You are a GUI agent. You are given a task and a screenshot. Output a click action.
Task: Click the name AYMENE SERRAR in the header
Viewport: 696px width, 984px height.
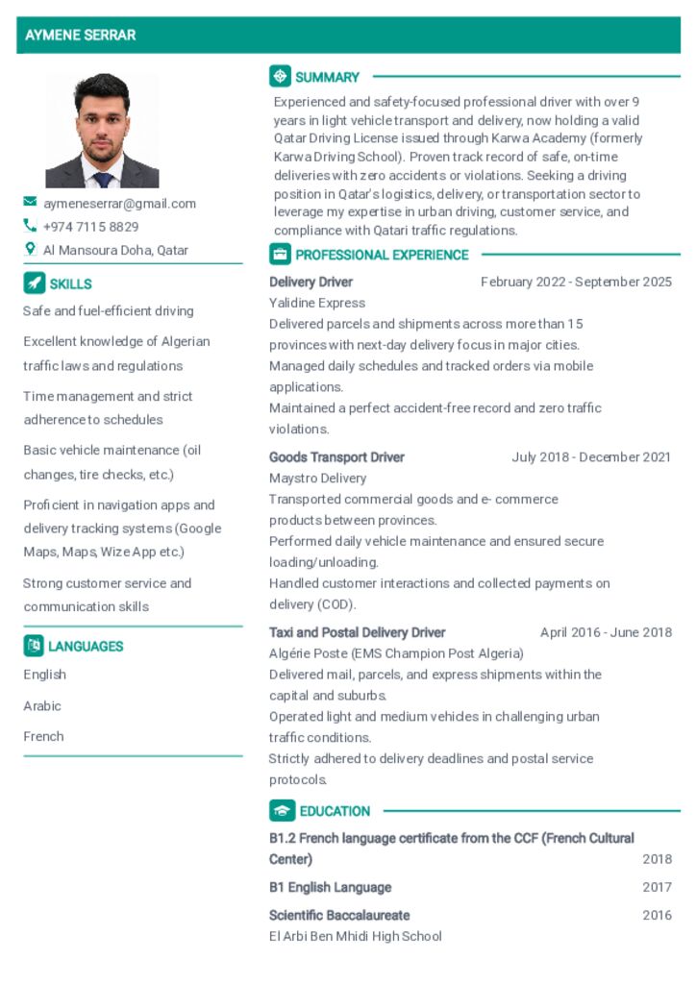click(81, 36)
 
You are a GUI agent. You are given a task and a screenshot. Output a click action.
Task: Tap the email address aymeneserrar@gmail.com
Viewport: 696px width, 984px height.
click(119, 204)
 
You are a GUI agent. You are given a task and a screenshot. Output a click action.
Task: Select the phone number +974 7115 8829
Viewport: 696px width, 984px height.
click(90, 227)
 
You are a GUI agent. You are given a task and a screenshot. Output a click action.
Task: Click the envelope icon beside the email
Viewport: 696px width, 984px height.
click(31, 203)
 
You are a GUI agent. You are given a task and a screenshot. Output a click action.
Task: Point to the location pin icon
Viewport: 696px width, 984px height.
click(30, 250)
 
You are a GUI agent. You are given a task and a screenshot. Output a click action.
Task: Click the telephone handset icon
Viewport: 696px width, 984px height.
click(30, 227)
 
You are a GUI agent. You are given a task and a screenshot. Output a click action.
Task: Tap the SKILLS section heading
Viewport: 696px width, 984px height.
click(70, 284)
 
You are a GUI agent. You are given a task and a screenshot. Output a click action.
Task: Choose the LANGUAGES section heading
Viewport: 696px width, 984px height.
click(86, 647)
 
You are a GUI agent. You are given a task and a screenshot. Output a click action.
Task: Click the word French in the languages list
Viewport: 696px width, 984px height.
click(43, 737)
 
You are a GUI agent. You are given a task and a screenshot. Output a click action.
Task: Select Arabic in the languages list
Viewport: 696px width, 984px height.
click(42, 706)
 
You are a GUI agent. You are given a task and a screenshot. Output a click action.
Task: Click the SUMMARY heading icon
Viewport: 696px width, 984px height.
click(280, 77)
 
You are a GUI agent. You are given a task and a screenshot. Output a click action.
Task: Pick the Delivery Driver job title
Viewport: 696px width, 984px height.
click(311, 283)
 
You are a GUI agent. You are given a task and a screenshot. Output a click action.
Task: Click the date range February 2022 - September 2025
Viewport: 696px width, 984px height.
click(576, 283)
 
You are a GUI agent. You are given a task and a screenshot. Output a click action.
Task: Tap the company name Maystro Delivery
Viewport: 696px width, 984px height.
click(317, 479)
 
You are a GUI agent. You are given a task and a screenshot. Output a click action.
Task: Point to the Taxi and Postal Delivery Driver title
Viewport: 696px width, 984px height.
click(357, 633)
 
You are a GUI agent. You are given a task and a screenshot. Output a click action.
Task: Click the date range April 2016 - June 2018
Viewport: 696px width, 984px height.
click(606, 633)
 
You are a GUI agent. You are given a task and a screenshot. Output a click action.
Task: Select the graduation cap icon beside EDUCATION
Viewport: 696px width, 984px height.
click(282, 811)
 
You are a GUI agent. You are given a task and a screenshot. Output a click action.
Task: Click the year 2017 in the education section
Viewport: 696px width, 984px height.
click(657, 888)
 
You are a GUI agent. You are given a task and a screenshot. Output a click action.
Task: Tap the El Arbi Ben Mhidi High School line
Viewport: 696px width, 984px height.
click(356, 937)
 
